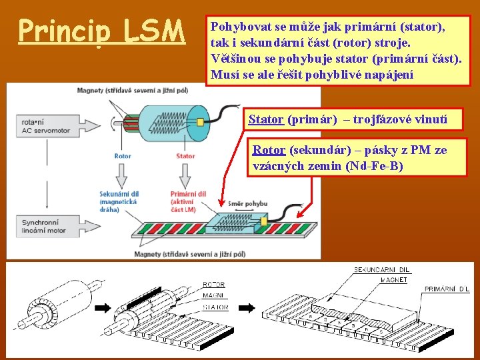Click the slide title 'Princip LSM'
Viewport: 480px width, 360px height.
[x=101, y=31]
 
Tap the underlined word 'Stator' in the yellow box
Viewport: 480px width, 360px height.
[x=266, y=120]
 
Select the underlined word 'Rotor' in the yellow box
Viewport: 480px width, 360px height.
[x=269, y=151]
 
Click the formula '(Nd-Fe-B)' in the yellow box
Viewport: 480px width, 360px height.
[x=375, y=165]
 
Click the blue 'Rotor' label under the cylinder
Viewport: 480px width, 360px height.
[x=123, y=156]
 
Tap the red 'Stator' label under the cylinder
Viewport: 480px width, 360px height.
[x=185, y=156]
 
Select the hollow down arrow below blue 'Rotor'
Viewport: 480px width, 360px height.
[x=123, y=175]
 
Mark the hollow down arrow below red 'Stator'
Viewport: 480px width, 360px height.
[x=185, y=175]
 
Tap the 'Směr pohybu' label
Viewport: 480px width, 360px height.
[x=247, y=203]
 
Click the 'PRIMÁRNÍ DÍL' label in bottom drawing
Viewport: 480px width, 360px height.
[x=446, y=289]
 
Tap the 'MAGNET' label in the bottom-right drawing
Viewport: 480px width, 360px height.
[x=394, y=280]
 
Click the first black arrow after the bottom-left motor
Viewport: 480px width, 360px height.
[x=104, y=308]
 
